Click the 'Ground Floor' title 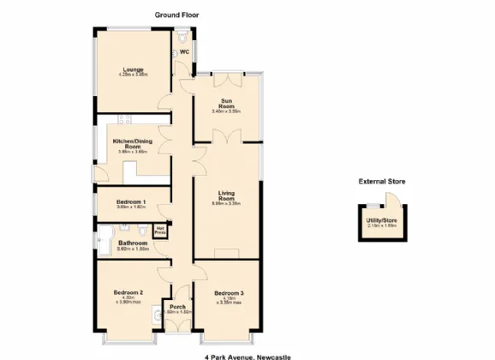[177, 15]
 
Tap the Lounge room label [133, 70]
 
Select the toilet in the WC [185, 38]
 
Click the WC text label [184, 51]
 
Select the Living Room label [226, 196]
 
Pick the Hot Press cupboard [160, 230]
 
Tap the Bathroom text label [133, 244]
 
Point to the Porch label [178, 308]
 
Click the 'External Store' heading [382, 182]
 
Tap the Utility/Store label [383, 222]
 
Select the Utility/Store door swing [391, 200]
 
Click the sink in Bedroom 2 [154, 316]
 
